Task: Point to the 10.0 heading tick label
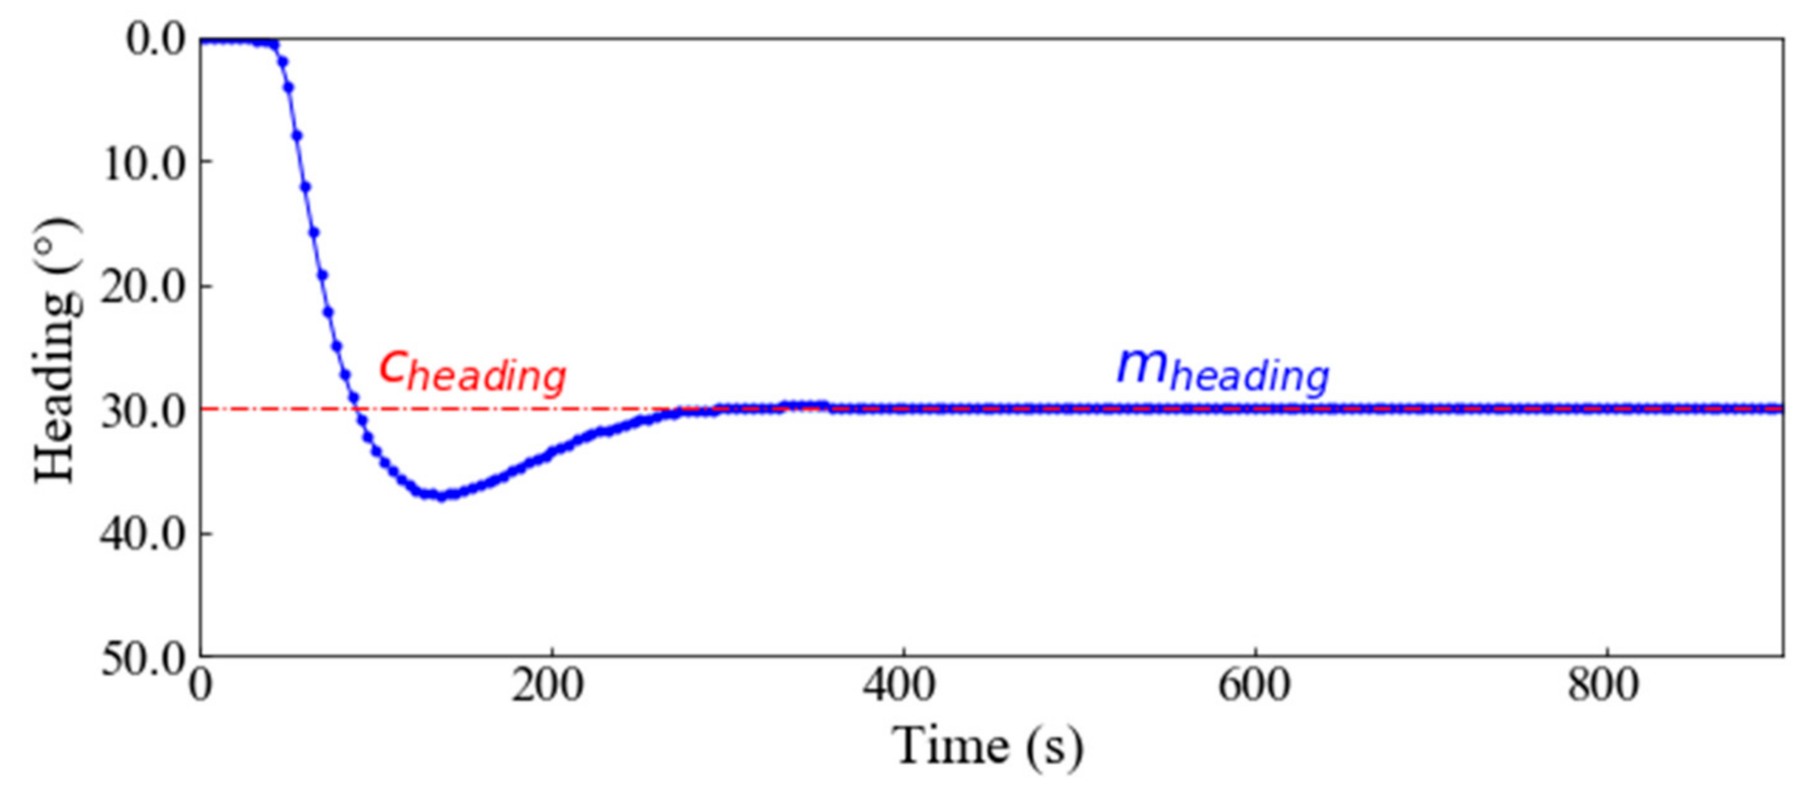tap(145, 164)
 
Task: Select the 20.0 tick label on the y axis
tap(145, 288)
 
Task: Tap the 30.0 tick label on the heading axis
tap(145, 412)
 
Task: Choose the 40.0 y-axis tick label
tap(145, 535)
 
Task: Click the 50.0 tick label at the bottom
tap(145, 660)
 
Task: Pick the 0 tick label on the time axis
tap(200, 687)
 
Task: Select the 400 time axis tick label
tap(899, 687)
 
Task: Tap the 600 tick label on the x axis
tap(1253, 687)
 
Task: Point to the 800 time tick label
tap(1602, 687)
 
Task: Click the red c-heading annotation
tap(472, 370)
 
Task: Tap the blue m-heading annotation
tap(1222, 370)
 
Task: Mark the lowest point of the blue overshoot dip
tap(440, 496)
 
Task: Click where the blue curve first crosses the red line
tap(358, 410)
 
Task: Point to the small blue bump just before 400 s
tap(802, 405)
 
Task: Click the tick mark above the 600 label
tap(1255, 651)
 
